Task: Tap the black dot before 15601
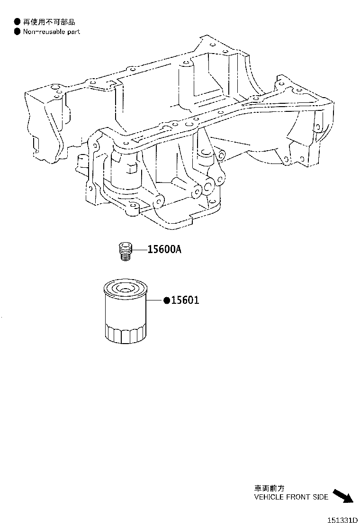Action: pos(167,300)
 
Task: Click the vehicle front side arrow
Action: pos(343,496)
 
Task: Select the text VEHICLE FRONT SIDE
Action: pos(291,497)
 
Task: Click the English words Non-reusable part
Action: pos(52,32)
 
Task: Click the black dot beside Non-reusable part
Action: pos(17,32)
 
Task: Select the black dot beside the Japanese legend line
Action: pos(17,22)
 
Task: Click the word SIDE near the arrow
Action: pos(320,497)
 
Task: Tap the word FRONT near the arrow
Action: pos(297,497)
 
